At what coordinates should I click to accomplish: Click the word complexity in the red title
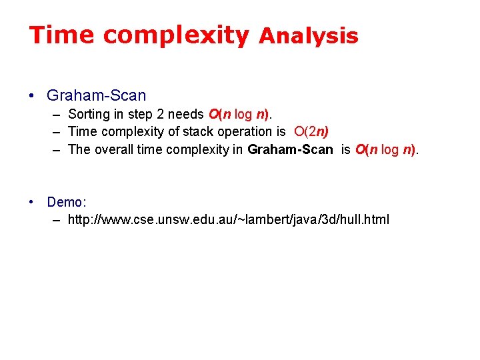coord(176,35)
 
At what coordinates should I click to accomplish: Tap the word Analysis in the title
coord(308,37)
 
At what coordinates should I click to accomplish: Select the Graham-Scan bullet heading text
coord(96,96)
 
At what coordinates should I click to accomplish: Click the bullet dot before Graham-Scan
coord(32,96)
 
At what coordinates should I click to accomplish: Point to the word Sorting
coord(90,115)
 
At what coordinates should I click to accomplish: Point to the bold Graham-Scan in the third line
coord(290,149)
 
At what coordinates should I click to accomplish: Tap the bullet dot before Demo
coord(32,202)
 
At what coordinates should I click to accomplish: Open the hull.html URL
coord(229,219)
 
